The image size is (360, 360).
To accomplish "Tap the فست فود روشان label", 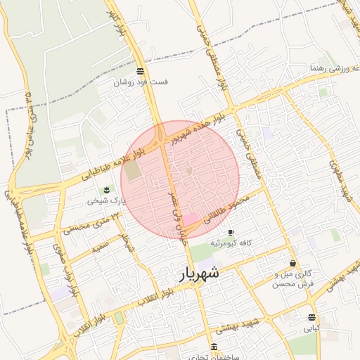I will click(x=142, y=82).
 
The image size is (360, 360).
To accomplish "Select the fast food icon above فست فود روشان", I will click(x=141, y=71).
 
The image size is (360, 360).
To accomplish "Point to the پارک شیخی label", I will click(x=105, y=200).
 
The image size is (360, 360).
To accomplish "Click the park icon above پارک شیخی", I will click(x=106, y=190).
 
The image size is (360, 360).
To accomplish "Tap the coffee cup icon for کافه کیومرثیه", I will click(x=231, y=232).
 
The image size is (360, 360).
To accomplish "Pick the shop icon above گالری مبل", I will click(x=292, y=263).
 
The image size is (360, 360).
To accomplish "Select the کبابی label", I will click(x=311, y=328).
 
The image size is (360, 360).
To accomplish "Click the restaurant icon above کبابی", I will click(x=311, y=317).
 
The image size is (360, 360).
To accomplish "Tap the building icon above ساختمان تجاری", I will click(x=214, y=347).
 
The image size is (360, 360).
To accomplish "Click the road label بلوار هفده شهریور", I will click(x=203, y=126).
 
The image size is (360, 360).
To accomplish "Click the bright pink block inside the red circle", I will click(x=191, y=221).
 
